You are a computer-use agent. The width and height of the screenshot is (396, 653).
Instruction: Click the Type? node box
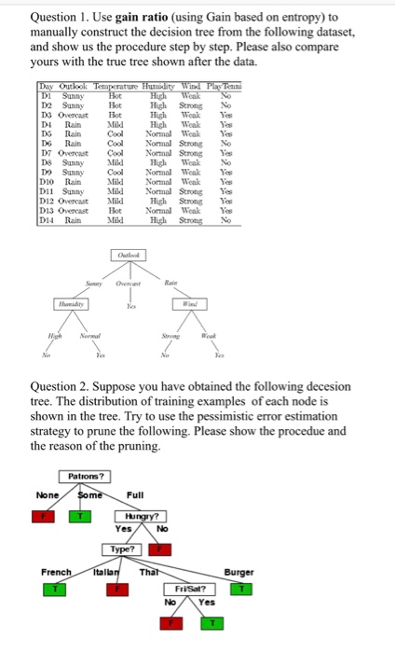120,549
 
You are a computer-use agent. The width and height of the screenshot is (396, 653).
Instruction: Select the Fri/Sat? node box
190,590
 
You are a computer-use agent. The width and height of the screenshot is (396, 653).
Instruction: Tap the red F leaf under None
53,515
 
